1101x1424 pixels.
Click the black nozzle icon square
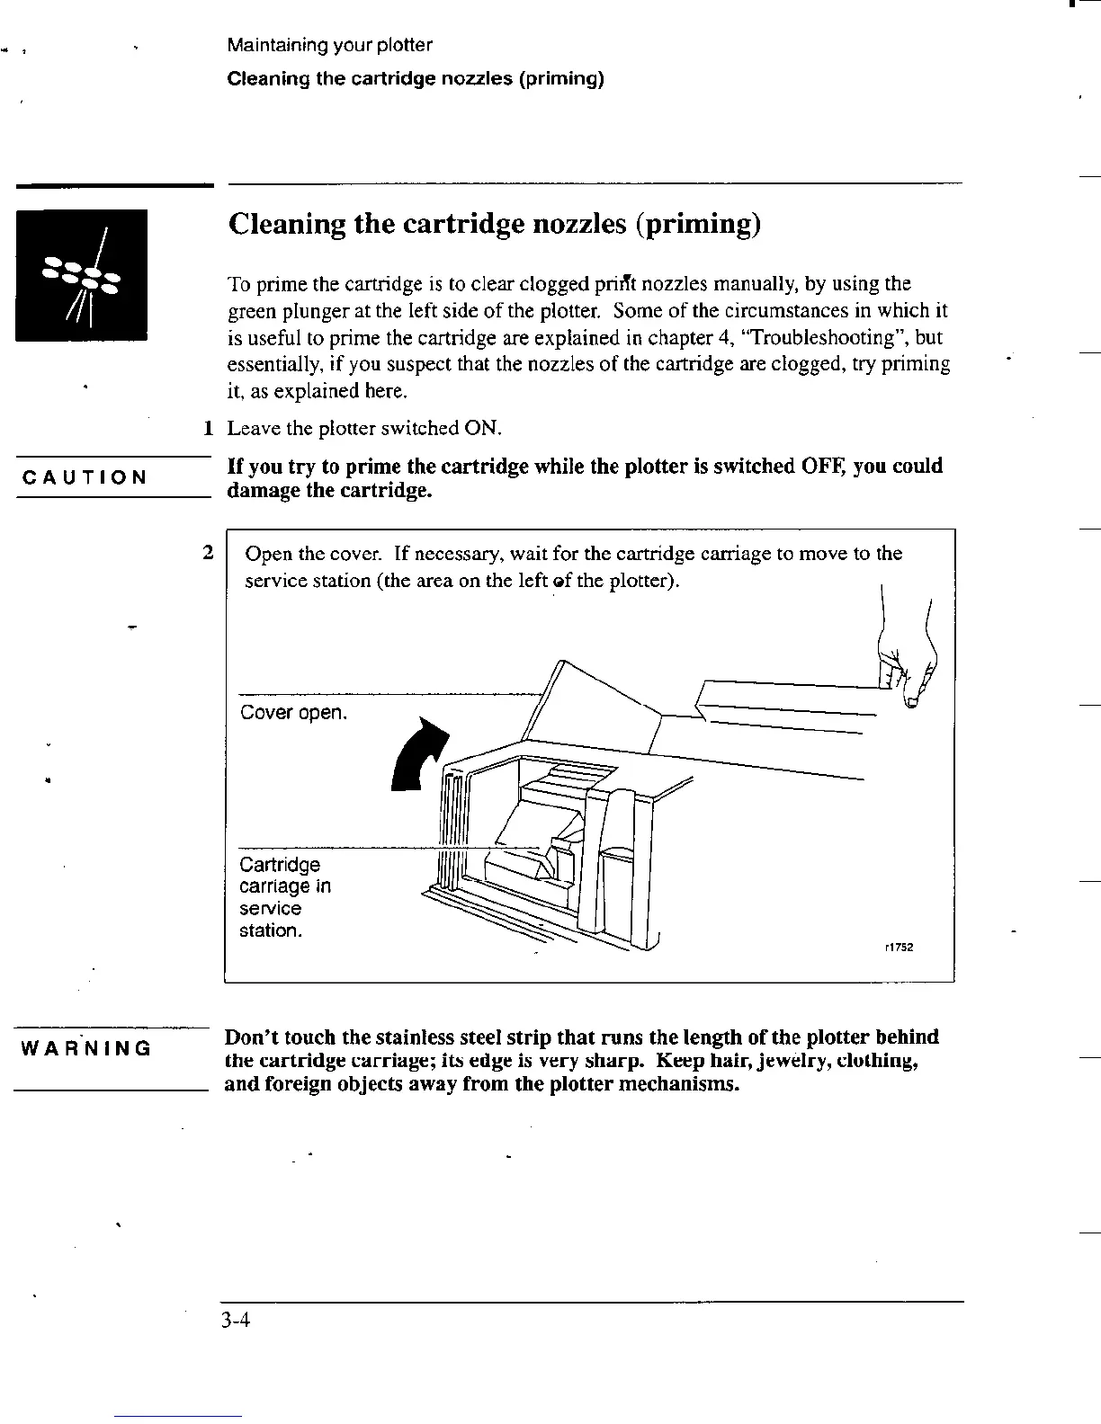coord(81,275)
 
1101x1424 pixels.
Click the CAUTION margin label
coord(85,477)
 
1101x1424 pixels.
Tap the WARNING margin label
coord(85,1048)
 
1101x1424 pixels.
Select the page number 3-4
coord(238,1321)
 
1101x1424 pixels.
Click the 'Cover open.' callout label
coord(293,713)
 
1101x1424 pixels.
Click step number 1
coord(207,428)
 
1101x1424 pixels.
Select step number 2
coord(207,553)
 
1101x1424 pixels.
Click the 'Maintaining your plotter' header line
coord(329,45)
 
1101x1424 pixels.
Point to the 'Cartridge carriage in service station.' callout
coord(285,897)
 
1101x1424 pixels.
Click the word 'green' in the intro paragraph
coord(252,311)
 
